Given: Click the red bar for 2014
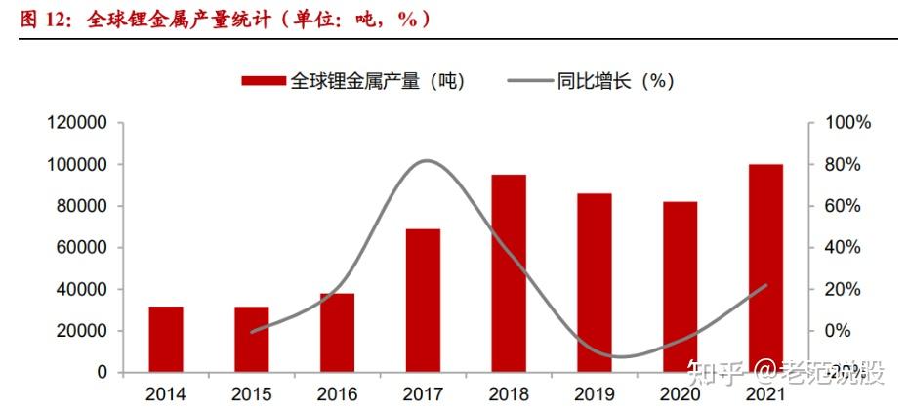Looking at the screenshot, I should coord(165,339).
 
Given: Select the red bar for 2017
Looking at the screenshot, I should coord(423,301).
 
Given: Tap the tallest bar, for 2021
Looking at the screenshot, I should coord(765,268).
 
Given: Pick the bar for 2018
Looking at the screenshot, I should coord(509,273).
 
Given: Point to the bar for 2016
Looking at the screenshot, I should coord(337,333).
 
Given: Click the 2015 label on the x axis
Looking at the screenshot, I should coord(251,394).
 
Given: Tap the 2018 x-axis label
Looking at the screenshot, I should coord(509,394).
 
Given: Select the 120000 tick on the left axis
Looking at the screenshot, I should coord(80,123).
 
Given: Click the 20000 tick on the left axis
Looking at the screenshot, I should coord(84,331).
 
